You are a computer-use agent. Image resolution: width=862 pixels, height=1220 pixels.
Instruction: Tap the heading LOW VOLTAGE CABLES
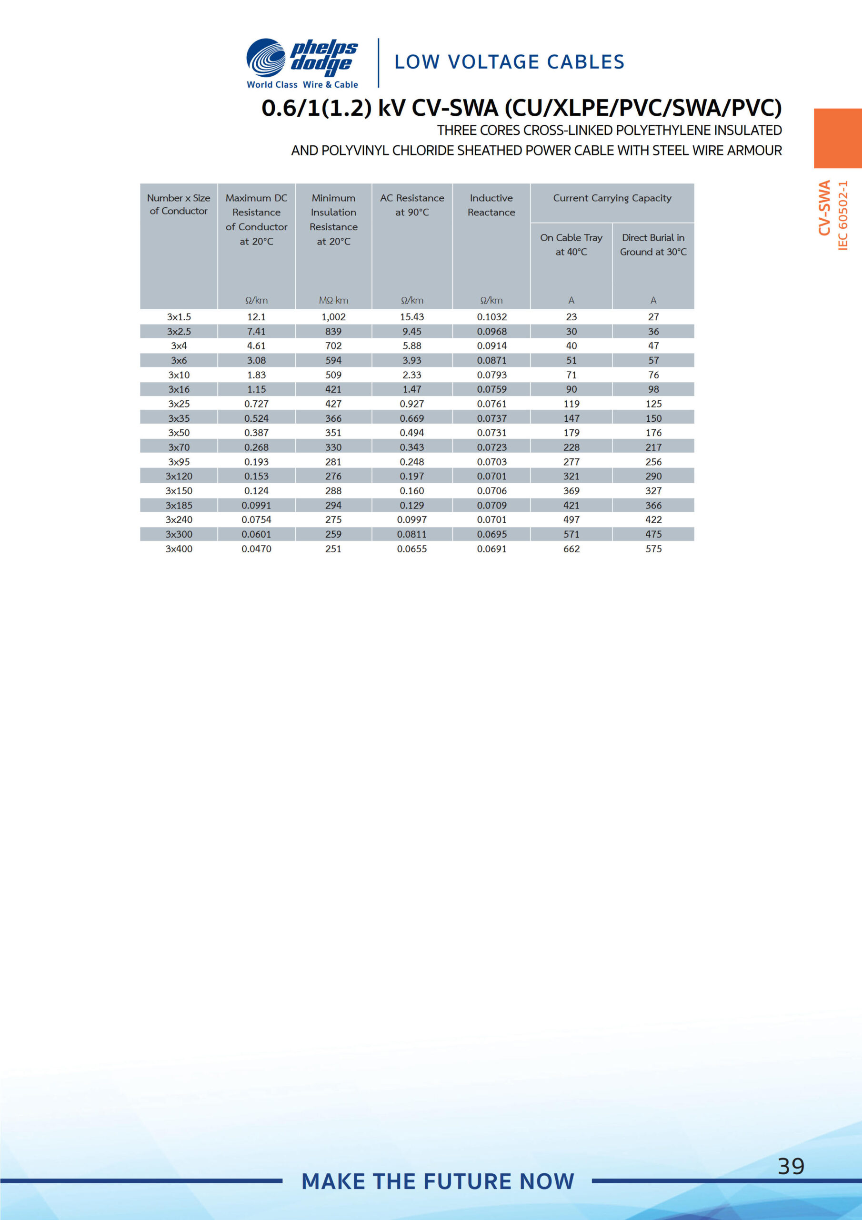[509, 62]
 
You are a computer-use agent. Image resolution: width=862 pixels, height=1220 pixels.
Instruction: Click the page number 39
[790, 1166]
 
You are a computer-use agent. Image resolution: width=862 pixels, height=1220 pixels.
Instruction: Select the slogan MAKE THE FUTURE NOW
[438, 1181]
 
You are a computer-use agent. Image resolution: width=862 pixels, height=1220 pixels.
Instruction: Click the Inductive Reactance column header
[491, 205]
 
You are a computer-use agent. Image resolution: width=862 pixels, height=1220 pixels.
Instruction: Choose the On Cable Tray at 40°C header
[571, 244]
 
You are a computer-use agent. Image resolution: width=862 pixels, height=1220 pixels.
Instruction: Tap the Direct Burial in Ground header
[653, 244]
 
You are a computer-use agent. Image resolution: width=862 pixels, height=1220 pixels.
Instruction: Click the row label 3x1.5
[179, 317]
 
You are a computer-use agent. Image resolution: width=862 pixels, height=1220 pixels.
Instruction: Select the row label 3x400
[179, 549]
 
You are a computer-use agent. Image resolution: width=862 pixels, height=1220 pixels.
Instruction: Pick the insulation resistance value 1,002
[333, 317]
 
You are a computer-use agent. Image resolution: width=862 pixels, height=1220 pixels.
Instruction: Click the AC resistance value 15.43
[411, 317]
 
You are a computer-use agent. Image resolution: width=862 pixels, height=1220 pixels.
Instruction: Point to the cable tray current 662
[571, 549]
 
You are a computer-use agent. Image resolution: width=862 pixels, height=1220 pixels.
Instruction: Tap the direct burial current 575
[653, 549]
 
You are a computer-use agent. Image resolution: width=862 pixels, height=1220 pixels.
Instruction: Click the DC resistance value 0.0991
[256, 505]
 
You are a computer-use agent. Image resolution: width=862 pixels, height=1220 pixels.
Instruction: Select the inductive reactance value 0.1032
[492, 317]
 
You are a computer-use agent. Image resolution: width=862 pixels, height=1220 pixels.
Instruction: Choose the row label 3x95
[179, 462]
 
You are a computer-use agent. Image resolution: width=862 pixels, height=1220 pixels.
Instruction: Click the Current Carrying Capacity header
[612, 198]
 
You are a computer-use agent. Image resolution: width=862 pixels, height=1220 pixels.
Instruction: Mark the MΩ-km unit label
[333, 300]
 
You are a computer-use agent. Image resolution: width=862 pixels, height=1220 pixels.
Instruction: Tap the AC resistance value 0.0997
[411, 519]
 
